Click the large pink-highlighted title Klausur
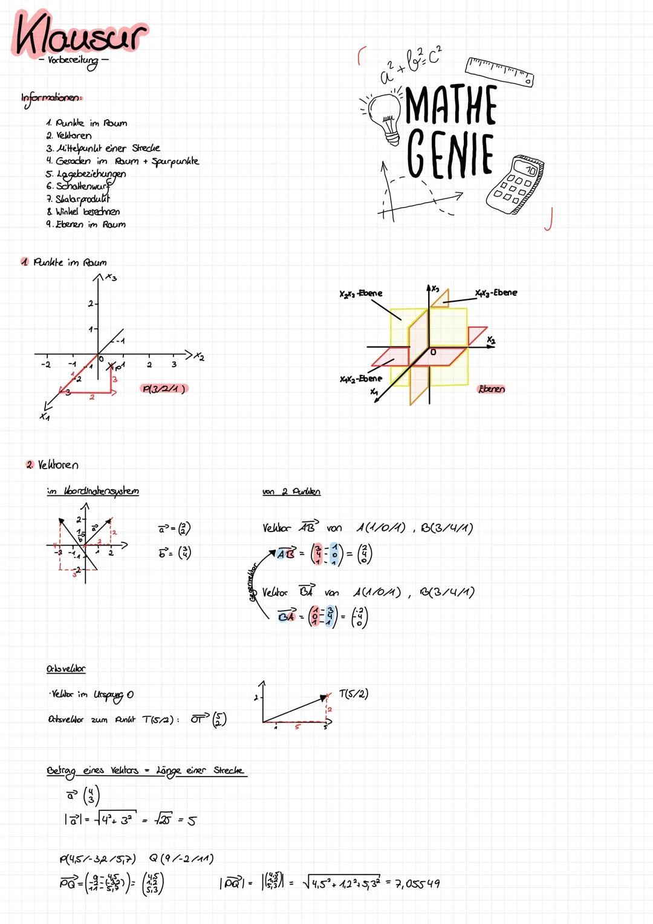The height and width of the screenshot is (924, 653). (80, 35)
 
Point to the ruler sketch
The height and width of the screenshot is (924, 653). (499, 71)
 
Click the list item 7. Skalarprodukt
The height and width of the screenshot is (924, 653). (79, 199)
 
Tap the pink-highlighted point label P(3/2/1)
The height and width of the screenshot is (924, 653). (163, 389)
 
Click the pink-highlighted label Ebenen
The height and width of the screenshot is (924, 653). (491, 389)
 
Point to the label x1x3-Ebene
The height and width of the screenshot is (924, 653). (496, 293)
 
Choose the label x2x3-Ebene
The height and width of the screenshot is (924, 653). (361, 293)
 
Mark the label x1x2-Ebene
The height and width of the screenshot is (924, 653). (361, 379)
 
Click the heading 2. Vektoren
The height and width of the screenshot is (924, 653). (53, 465)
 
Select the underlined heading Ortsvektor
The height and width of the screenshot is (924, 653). (66, 669)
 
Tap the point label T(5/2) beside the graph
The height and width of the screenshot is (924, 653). (354, 694)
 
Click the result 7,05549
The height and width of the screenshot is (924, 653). (418, 884)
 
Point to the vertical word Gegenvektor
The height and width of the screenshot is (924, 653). (253, 583)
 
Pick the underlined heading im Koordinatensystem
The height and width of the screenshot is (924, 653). (93, 491)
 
